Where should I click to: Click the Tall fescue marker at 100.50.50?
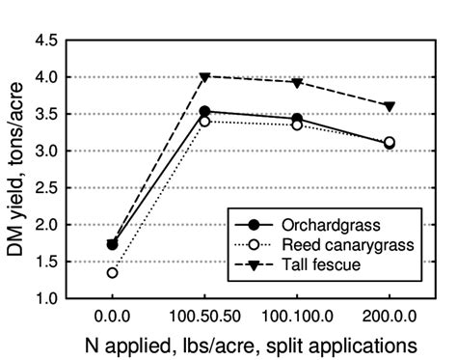pos(204,76)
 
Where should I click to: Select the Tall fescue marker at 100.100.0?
pos(297,82)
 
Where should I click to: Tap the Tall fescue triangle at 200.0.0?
pos(390,106)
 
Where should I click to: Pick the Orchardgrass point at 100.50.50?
pos(204,111)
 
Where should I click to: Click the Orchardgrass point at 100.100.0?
pos(297,118)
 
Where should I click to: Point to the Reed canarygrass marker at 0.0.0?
pos(113,273)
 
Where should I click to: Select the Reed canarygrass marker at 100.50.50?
pos(204,121)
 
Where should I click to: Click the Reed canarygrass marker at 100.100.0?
pos(297,125)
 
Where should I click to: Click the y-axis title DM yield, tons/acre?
pos(16,171)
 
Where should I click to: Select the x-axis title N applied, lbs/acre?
pos(249,344)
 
